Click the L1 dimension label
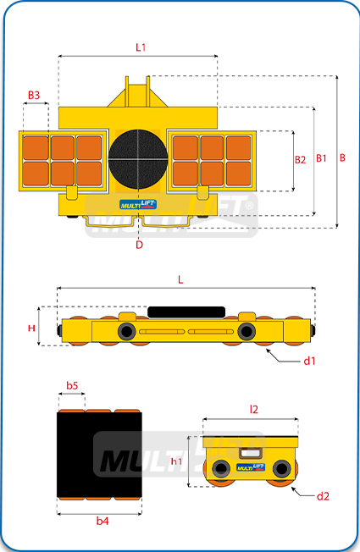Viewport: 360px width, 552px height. [141, 47]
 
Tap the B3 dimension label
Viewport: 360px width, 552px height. [34, 95]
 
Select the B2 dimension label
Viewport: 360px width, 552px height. [300, 160]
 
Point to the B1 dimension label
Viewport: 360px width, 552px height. [321, 158]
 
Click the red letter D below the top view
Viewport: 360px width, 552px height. [140, 245]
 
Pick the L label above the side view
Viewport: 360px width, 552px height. [180, 280]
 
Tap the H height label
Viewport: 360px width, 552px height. [31, 328]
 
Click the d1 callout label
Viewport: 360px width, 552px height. [309, 361]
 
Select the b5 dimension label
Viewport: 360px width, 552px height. [72, 385]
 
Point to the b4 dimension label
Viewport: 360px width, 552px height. [102, 521]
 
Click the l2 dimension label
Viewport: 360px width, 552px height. [253, 409]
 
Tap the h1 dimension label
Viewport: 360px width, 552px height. [176, 461]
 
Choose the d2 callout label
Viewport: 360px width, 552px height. [323, 496]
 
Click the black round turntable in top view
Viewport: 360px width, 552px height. [138, 159]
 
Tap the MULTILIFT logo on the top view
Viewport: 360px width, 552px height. [138, 204]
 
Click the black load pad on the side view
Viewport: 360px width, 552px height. [186, 312]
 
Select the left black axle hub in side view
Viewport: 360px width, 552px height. [127, 331]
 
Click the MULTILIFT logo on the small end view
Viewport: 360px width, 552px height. [251, 467]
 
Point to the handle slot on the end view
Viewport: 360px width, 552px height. [250, 453]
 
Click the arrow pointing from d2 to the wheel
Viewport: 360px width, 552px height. [302, 493]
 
